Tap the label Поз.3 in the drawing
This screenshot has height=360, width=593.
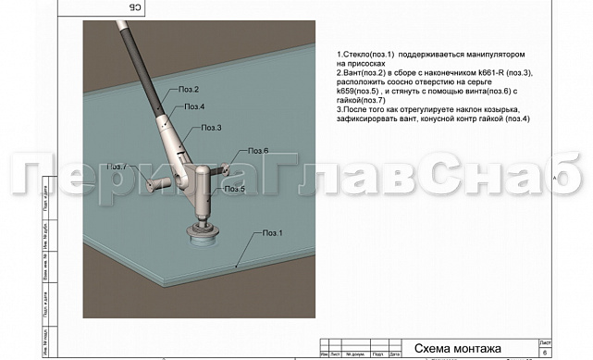[211, 127]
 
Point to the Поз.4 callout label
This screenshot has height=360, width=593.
[194, 107]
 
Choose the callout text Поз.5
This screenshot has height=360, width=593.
[235, 189]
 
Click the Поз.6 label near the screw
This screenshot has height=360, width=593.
[258, 150]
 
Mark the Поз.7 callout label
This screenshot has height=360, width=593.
[117, 167]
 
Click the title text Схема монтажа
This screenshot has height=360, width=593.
[457, 349]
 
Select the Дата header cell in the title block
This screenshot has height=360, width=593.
[395, 354]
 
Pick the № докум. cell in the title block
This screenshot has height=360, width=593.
[355, 354]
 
